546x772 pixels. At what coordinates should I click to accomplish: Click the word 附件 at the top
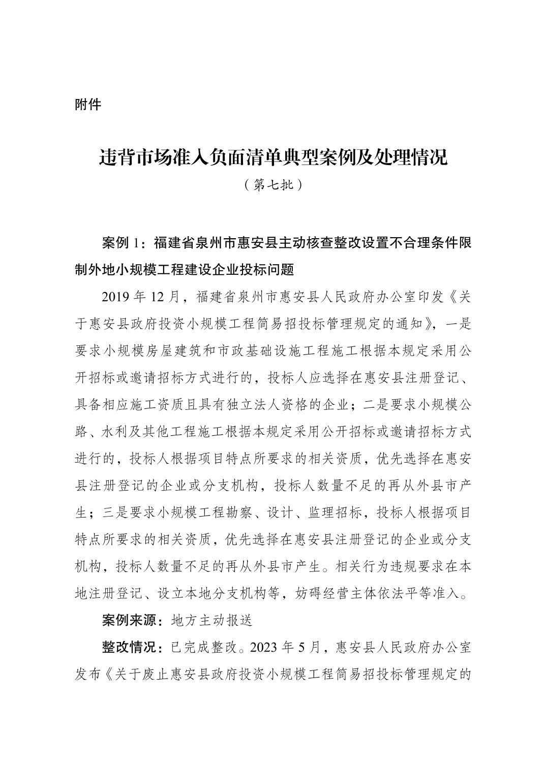[x=88, y=105]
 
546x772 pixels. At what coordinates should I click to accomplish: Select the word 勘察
[x=224, y=513]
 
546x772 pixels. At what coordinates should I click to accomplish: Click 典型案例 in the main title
[x=317, y=158]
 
